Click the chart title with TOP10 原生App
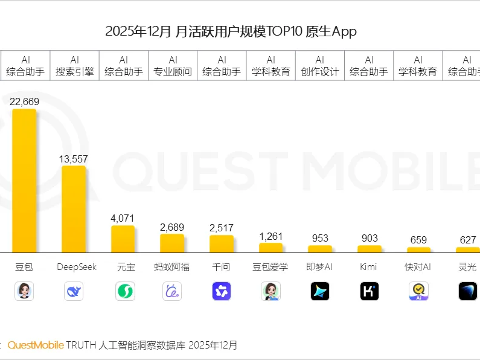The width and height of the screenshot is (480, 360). coord(231,31)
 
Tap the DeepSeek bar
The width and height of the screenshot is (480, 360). coord(74,208)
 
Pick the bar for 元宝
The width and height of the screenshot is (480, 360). coord(123,239)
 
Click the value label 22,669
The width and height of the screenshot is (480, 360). coord(25,101)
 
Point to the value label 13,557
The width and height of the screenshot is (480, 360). coord(74,159)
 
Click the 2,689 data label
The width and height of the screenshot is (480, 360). coord(172,227)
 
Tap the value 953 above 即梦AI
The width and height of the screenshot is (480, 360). coord(320,238)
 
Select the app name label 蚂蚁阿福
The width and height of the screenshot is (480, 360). coord(172,266)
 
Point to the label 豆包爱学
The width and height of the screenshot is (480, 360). coord(270,266)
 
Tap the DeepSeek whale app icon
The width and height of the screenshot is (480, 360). coord(74,291)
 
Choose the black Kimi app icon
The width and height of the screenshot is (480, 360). coord(369,291)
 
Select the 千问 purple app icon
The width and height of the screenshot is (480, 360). coord(222,291)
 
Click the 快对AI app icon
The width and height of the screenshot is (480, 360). coord(418,291)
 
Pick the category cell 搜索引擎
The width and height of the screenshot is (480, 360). coord(74,66)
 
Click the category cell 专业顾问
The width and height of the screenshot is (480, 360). coord(173,66)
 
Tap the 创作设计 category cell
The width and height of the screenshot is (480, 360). coord(320,66)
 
